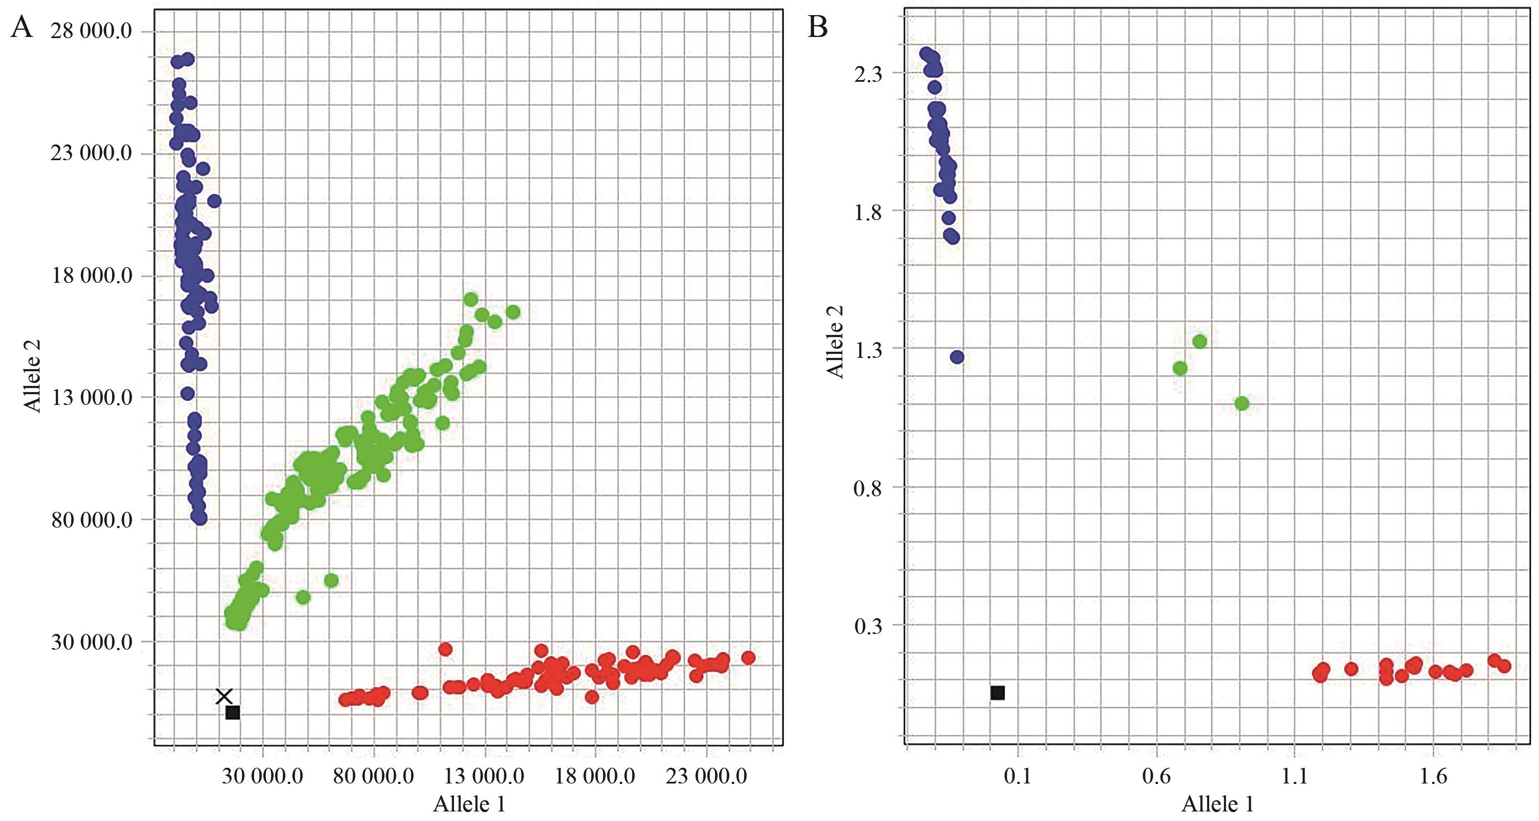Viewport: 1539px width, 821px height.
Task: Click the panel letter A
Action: tap(21, 27)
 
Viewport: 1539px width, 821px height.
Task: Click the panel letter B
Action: tap(817, 27)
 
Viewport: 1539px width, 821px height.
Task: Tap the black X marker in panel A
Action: tap(224, 696)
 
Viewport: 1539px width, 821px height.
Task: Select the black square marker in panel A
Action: tap(233, 712)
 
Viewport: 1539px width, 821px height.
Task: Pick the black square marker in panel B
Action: tap(997, 693)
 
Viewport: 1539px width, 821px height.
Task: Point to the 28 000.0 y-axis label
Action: tap(91, 30)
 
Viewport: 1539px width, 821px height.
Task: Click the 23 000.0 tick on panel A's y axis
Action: tap(91, 153)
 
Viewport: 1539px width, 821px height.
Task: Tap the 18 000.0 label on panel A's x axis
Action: tap(595, 776)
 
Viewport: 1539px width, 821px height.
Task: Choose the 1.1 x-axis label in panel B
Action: tap(1295, 776)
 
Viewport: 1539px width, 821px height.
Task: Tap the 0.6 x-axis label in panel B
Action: tap(1156, 776)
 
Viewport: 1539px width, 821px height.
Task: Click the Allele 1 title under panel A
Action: tap(469, 804)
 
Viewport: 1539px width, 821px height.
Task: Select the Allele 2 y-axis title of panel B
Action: tap(835, 341)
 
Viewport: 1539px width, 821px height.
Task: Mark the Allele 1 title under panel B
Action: tap(1218, 804)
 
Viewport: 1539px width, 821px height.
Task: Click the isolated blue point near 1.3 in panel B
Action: tap(957, 357)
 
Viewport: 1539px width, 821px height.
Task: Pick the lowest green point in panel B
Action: tap(1242, 404)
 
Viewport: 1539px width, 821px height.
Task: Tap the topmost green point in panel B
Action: tap(1200, 342)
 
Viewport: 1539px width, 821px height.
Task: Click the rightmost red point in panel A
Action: tap(748, 658)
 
